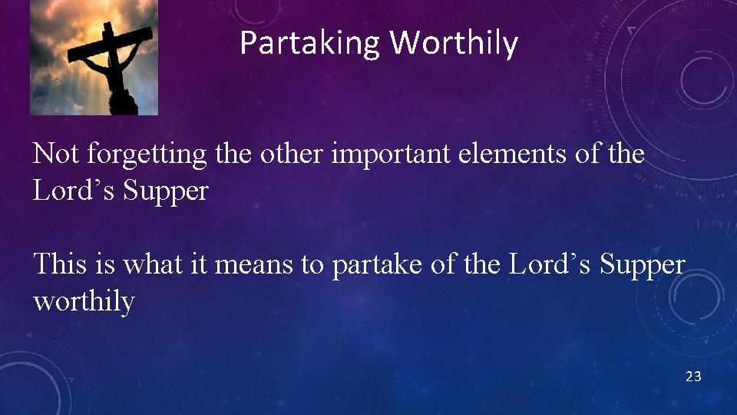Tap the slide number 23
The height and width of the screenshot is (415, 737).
pyautogui.click(x=693, y=377)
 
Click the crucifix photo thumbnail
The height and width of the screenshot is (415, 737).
pyautogui.click(x=94, y=58)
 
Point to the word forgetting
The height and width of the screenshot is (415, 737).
pyautogui.click(x=147, y=155)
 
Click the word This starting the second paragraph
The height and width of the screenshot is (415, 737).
pyautogui.click(x=60, y=264)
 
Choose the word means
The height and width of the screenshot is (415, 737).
pyautogui.click(x=257, y=265)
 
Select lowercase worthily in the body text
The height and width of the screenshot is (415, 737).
pyautogui.click(x=84, y=301)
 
